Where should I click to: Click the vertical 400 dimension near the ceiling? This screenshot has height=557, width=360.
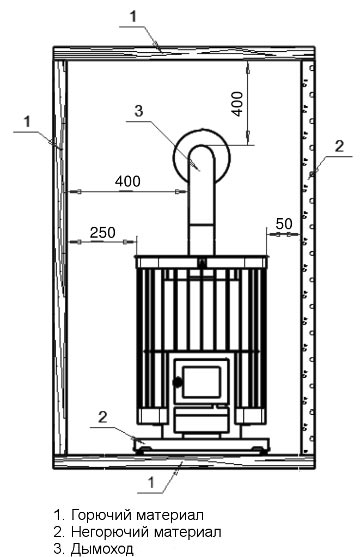pos(238,104)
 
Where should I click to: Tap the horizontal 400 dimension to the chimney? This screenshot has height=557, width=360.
pos(128,182)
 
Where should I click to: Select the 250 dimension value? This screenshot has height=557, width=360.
pos(103,233)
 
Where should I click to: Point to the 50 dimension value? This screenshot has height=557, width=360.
pos(284,224)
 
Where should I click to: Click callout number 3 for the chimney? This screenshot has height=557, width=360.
pos(139,110)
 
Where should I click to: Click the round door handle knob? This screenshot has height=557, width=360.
pos(177,382)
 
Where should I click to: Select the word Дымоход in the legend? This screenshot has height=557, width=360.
pos(102,549)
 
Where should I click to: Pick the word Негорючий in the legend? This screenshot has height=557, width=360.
pos(110,532)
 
